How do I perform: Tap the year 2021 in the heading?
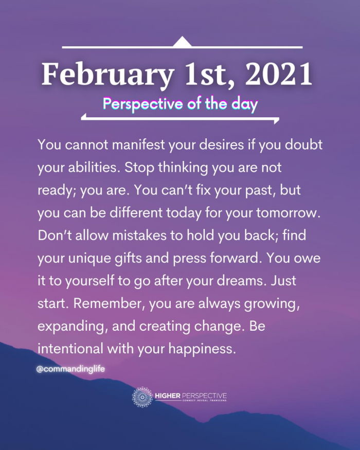point(278,74)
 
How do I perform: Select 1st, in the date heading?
point(209,75)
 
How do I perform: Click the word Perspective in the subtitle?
point(142,104)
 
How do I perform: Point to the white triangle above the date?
point(182,42)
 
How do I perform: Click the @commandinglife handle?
point(70,369)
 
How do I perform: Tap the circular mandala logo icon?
point(142,397)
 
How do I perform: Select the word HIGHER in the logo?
point(168,396)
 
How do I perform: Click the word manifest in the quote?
point(138,145)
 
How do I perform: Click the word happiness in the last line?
point(202,349)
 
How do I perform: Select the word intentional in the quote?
point(70,349)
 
